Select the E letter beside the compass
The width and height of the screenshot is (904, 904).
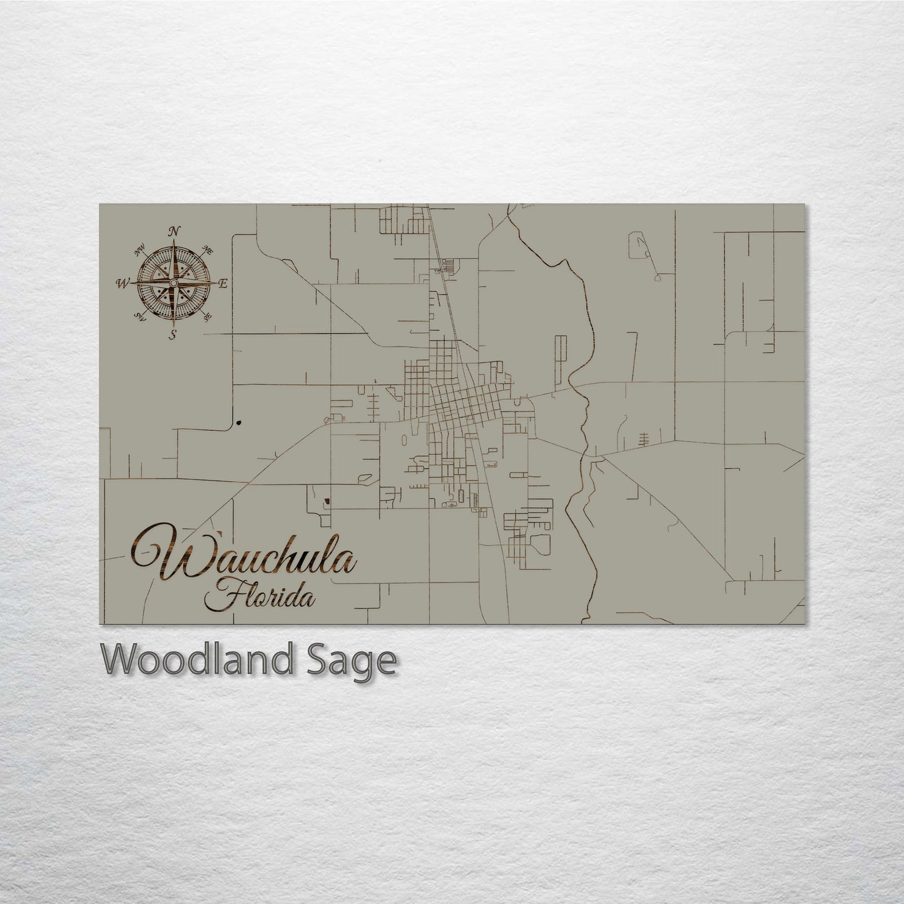coord(223,283)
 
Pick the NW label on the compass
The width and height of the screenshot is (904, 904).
coord(139,253)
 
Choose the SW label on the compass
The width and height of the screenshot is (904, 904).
coord(141,318)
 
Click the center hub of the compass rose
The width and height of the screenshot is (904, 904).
coord(172,283)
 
